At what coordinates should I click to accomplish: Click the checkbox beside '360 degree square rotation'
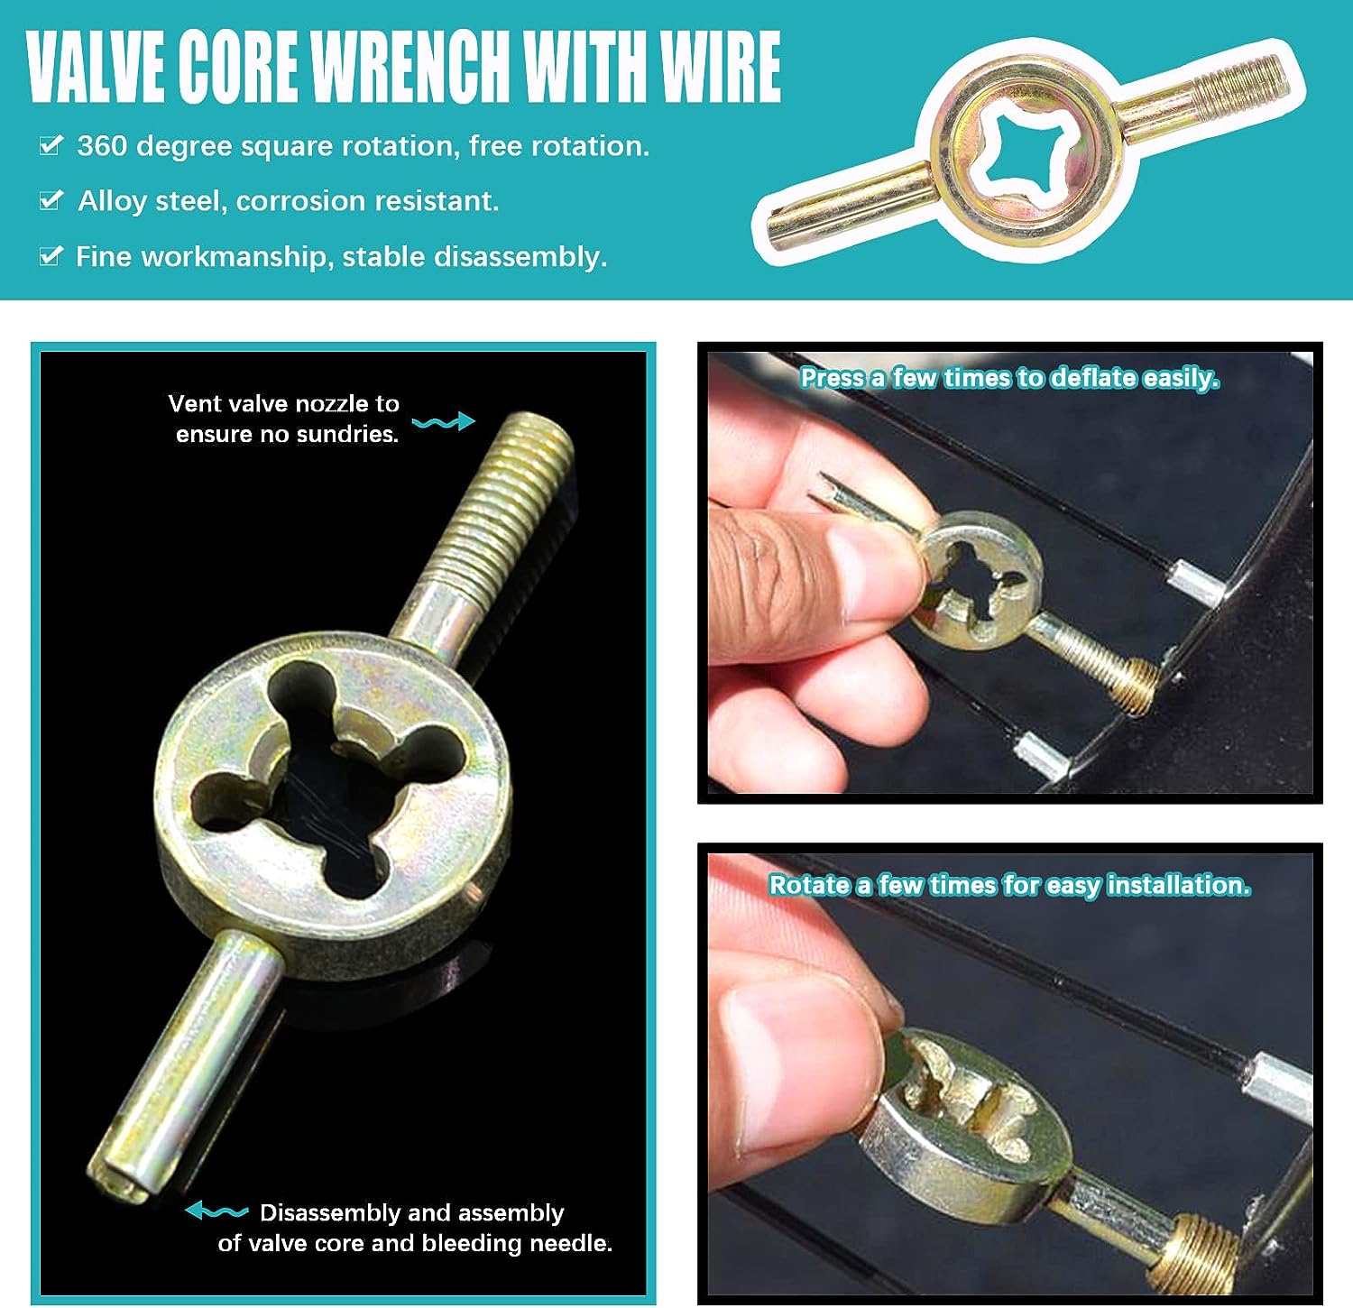51,144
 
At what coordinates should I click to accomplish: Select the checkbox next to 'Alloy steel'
51,199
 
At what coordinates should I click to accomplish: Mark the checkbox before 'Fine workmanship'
51,255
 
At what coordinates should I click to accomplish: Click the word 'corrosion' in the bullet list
294,200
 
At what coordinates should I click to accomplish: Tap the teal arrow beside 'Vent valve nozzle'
443,421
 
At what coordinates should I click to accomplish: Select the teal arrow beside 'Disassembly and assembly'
216,1211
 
